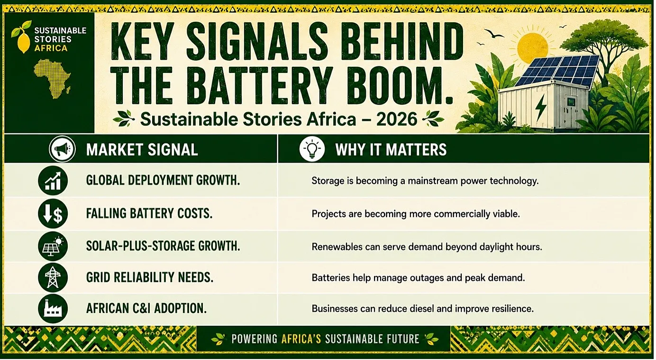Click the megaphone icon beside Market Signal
pyautogui.click(x=62, y=149)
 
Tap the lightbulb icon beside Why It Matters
pyautogui.click(x=312, y=149)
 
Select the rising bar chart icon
pyautogui.click(x=53, y=180)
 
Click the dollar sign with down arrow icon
pyautogui.click(x=53, y=214)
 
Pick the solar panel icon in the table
pyautogui.click(x=53, y=246)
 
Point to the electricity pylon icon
pyautogui.click(x=53, y=277)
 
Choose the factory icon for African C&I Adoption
pyautogui.click(x=53, y=308)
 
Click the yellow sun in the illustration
pyautogui.click(x=532, y=47)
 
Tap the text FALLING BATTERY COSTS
pyautogui.click(x=149, y=213)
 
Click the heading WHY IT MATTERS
pyautogui.click(x=391, y=150)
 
